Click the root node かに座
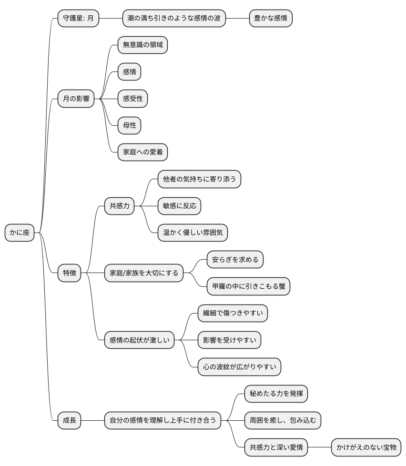(x=20, y=233)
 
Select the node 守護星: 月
(x=78, y=19)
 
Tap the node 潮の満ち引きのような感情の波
(x=174, y=19)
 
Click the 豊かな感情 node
(x=271, y=19)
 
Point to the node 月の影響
(x=75, y=99)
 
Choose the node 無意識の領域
(x=142, y=45)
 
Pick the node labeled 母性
(x=130, y=125)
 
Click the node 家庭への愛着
(x=142, y=152)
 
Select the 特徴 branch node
(x=69, y=273)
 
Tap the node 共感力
(x=120, y=206)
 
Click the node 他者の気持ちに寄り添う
(x=200, y=179)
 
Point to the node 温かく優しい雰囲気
(x=193, y=233)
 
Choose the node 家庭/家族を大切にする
(x=144, y=273)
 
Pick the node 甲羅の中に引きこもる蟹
(x=248, y=286)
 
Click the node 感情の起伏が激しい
(x=139, y=340)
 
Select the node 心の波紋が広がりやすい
(x=239, y=367)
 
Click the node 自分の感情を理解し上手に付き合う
(x=162, y=420)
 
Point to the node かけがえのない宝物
(x=366, y=447)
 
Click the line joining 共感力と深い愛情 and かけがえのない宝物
(x=319, y=447)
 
